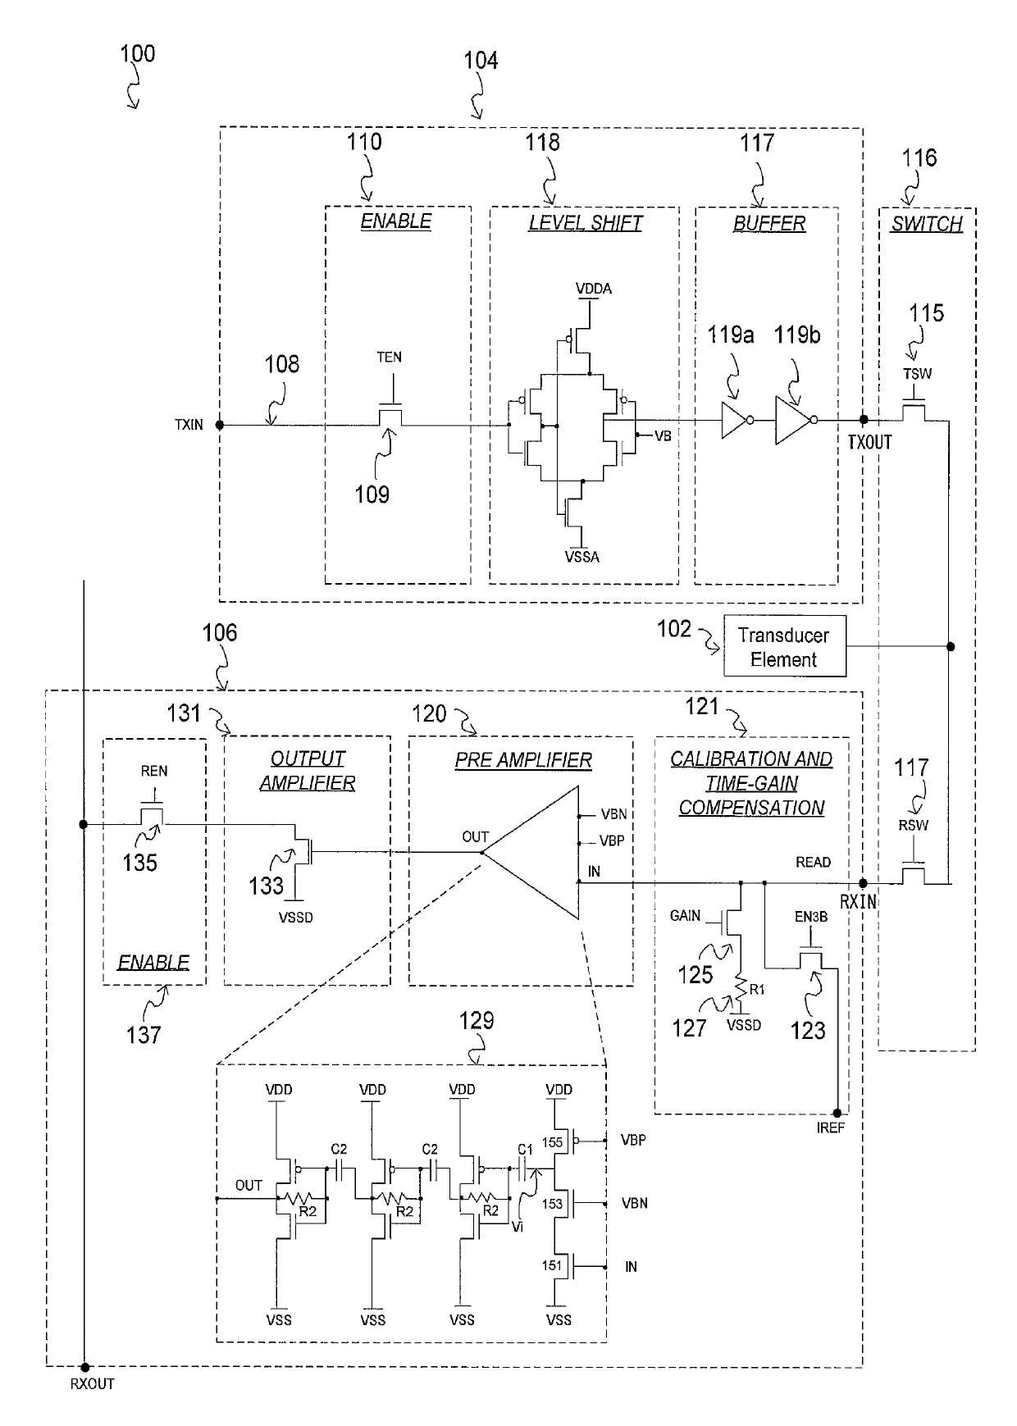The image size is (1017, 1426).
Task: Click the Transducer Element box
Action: tap(784, 647)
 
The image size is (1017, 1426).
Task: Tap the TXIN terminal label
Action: tap(189, 425)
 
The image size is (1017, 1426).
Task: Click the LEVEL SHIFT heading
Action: tap(585, 223)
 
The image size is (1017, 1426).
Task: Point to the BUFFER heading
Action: tap(768, 223)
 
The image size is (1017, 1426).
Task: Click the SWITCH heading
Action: tap(927, 224)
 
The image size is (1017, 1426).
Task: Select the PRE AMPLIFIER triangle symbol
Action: tap(538, 852)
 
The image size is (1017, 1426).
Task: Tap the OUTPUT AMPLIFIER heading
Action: tap(308, 771)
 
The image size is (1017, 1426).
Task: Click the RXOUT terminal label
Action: tap(93, 1384)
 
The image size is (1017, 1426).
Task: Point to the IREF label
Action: tap(831, 1128)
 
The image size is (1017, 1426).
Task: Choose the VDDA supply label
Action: tap(593, 289)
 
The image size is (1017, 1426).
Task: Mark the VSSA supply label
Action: tap(581, 558)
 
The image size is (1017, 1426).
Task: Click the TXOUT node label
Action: tap(869, 443)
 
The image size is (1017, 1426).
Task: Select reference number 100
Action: tap(137, 54)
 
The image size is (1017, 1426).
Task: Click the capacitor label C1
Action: tap(525, 1150)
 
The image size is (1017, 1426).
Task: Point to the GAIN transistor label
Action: tap(685, 915)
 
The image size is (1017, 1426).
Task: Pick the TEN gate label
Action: tap(390, 357)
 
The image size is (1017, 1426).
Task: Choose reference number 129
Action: tap(477, 1020)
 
